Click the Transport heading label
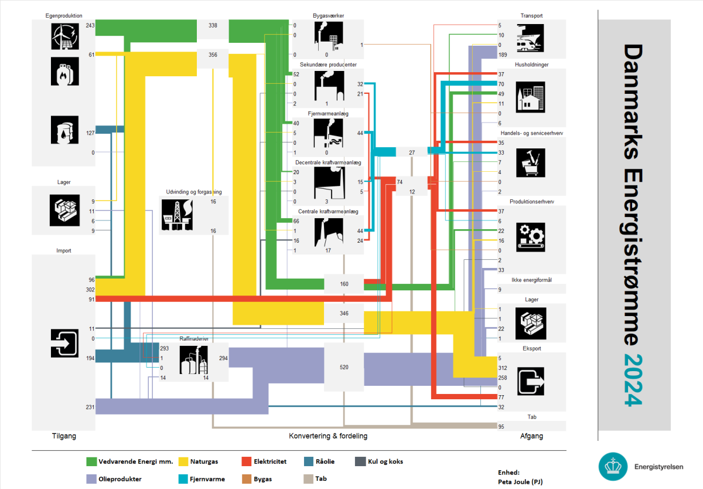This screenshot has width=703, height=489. click(532, 16)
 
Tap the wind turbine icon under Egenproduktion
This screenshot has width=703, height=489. click(63, 35)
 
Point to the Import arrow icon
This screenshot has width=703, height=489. click(64, 343)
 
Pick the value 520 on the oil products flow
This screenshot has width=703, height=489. click(344, 367)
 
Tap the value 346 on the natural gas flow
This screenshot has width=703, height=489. click(344, 314)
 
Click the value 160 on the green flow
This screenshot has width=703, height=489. click(344, 284)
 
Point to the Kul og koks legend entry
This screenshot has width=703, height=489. click(384, 461)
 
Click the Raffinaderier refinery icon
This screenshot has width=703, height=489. click(194, 359)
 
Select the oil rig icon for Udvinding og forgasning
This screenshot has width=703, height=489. click(176, 215)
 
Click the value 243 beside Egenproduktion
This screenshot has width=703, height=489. click(90, 26)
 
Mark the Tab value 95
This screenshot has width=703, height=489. click(501, 426)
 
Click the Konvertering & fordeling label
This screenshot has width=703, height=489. click(328, 436)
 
